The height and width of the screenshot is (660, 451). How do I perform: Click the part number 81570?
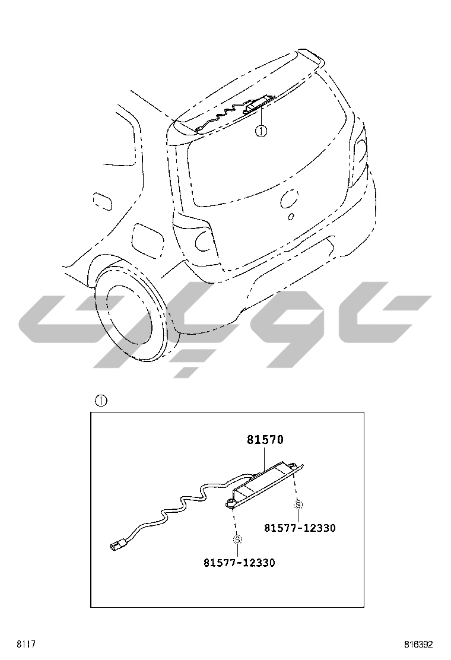click(x=265, y=440)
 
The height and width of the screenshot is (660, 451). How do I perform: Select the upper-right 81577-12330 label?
click(x=300, y=528)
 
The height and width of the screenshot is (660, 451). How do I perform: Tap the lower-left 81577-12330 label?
click(x=239, y=563)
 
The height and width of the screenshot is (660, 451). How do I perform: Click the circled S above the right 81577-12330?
click(x=298, y=504)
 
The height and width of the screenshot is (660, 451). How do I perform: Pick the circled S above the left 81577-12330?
click(x=238, y=539)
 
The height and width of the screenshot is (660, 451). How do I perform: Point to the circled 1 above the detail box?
click(x=101, y=401)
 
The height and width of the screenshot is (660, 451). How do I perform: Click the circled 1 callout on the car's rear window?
click(x=261, y=131)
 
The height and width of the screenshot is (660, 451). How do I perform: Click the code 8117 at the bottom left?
click(x=26, y=645)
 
